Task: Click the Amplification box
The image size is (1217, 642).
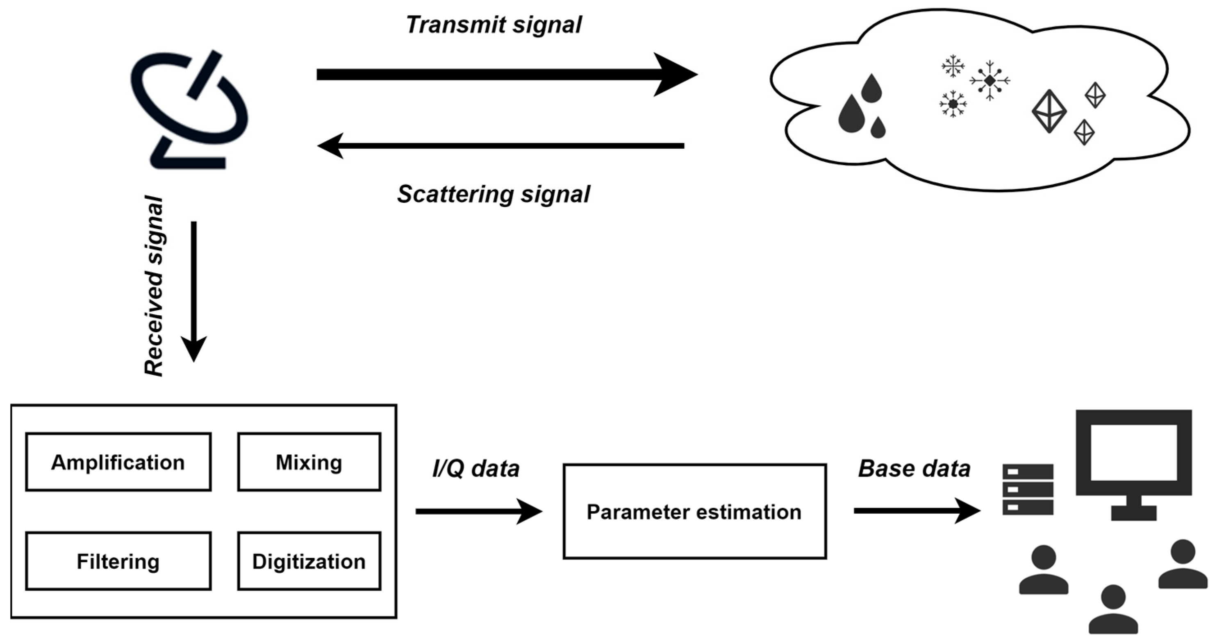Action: (x=118, y=462)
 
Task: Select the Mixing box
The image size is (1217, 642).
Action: (x=309, y=462)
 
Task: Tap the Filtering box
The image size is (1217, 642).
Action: (x=118, y=561)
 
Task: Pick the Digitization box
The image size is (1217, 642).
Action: (x=309, y=561)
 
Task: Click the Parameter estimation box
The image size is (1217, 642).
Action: (x=694, y=512)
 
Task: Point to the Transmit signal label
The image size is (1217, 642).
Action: (x=494, y=25)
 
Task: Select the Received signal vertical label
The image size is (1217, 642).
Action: (x=154, y=286)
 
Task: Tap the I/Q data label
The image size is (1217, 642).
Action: (x=476, y=469)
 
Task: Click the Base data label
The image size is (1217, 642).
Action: (x=914, y=469)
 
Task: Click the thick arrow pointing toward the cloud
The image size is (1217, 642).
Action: (x=505, y=75)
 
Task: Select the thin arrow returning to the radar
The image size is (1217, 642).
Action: (x=501, y=146)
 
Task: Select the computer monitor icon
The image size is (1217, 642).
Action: (x=1134, y=465)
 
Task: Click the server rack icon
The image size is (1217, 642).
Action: (x=1028, y=490)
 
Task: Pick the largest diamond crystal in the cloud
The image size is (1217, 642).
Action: (x=1049, y=111)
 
